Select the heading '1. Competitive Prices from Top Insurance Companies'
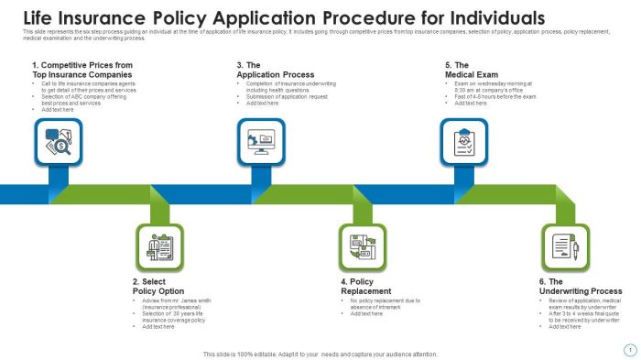pos(81,71)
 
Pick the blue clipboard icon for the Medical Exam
pos(464,140)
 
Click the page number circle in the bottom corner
pos(629,349)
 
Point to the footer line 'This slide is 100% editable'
pos(320,354)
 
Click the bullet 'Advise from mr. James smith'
pos(179,302)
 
